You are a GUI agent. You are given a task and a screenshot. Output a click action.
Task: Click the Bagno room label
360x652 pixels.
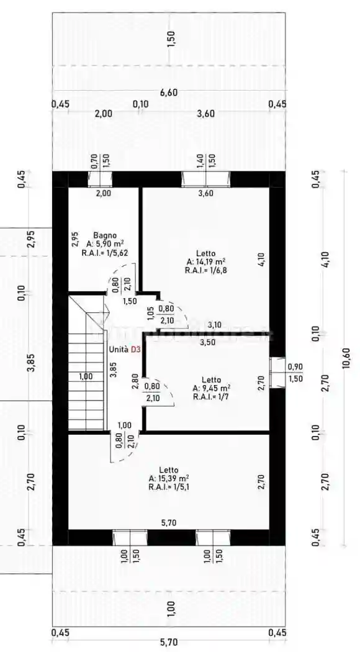point(102,235)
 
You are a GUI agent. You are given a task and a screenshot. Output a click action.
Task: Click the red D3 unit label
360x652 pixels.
point(136,350)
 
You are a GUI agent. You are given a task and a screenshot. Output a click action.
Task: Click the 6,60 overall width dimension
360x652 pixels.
point(169,93)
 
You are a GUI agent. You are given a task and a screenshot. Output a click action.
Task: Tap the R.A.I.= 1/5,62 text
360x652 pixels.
point(102,251)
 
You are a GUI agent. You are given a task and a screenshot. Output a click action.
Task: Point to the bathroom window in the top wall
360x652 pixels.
point(101,179)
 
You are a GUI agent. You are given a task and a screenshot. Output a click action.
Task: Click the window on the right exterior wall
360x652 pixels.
point(277,373)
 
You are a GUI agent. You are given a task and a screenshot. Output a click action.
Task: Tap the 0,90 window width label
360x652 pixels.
point(295,367)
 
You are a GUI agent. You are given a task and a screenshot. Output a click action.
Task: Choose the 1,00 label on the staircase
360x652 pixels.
point(86,376)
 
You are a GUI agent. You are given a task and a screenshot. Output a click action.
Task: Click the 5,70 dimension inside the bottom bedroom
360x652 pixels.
point(169,523)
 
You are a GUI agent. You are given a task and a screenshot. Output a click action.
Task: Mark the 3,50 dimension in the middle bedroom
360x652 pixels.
point(207,343)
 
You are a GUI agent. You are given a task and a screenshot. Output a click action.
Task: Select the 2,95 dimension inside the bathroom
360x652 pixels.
point(75,240)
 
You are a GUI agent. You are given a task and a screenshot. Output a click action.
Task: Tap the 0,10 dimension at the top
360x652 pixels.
point(140,104)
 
